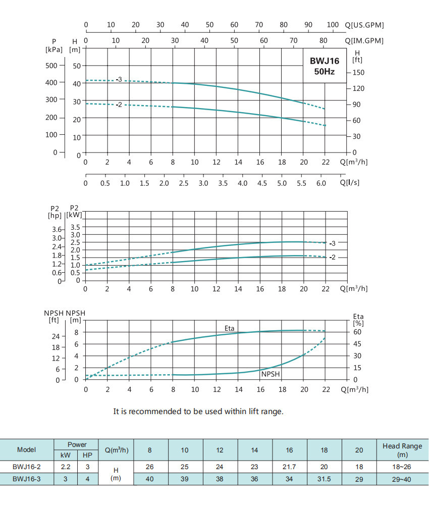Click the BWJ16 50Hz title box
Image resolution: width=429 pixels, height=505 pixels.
click(x=325, y=66)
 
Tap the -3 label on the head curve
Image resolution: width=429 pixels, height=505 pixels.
click(x=119, y=79)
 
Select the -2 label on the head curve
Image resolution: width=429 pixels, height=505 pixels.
click(x=119, y=105)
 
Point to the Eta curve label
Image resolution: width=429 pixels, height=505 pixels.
click(x=230, y=328)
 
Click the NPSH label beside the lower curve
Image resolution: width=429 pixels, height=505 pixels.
click(x=271, y=374)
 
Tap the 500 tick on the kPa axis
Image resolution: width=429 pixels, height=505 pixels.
click(x=51, y=65)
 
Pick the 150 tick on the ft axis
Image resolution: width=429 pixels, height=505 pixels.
click(x=358, y=72)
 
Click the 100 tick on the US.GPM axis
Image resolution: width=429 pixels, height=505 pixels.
click(x=333, y=25)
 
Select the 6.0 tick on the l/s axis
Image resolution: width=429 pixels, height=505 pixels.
click(x=321, y=183)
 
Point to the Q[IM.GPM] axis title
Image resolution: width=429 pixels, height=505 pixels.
click(x=364, y=41)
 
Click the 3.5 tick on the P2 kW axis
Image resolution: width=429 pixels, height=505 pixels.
click(x=75, y=227)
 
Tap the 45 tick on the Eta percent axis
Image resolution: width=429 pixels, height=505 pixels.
click(x=357, y=344)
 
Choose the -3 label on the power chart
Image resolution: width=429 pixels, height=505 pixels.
click(x=333, y=243)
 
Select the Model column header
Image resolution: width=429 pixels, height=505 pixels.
click(x=26, y=449)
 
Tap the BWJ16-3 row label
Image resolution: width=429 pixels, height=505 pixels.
click(x=26, y=479)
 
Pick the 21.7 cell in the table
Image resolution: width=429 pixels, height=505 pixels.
click(x=289, y=467)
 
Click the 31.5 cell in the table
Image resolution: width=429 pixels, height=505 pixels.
click(x=324, y=479)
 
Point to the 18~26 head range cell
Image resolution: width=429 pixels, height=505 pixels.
click(x=402, y=467)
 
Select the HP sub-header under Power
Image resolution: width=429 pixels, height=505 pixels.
click(x=87, y=455)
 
